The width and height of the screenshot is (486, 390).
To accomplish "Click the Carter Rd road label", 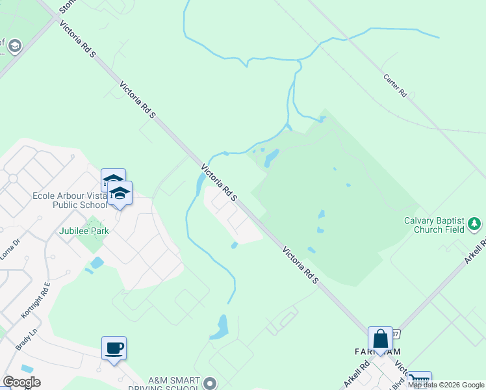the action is tap(394, 85).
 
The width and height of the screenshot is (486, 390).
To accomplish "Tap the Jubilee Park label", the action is tap(84, 231).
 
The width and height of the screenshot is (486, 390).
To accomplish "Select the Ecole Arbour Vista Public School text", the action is tap(70, 200).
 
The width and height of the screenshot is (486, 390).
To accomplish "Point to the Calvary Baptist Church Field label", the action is tap(435, 224).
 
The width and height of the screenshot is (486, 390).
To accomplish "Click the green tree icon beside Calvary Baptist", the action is tap(475, 224).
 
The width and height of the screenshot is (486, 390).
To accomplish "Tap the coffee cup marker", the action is tap(114, 348).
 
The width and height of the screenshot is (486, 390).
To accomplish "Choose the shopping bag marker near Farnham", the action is tap(380, 339).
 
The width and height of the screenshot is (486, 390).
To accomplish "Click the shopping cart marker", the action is tap(419, 380).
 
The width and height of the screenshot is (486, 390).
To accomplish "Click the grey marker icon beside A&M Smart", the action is tap(209, 383).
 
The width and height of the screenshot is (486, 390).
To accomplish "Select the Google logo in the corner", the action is tap(21, 382).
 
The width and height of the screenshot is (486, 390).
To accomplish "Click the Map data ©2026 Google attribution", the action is tap(446, 385).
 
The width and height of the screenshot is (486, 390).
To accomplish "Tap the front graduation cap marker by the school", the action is tap(120, 193).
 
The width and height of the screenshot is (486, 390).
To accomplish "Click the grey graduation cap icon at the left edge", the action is tap(14, 46).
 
